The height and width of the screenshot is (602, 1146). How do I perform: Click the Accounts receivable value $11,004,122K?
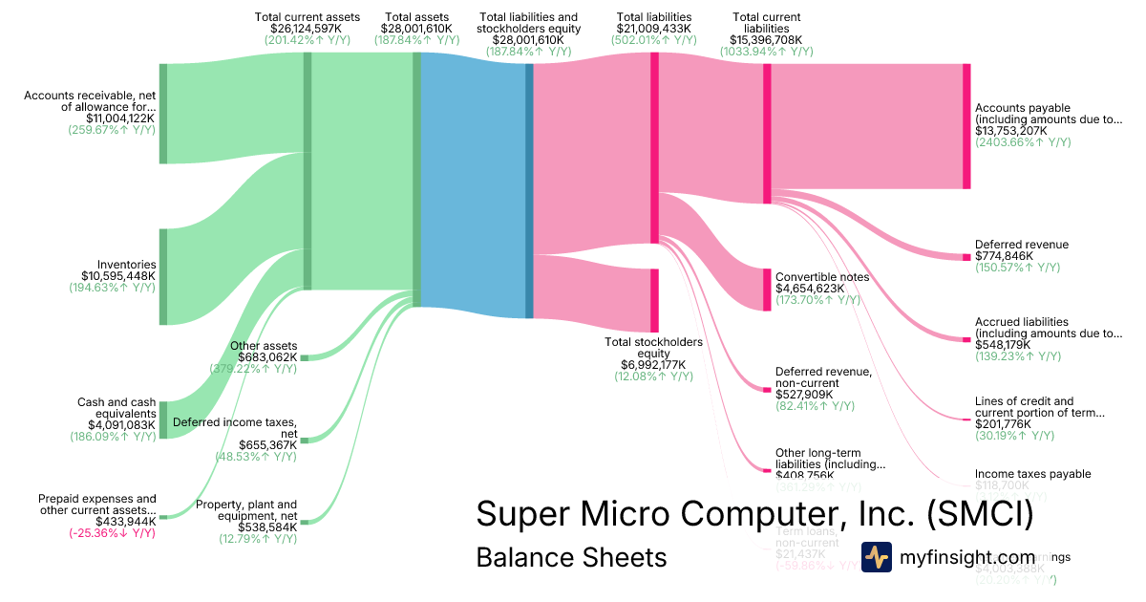[x=113, y=118]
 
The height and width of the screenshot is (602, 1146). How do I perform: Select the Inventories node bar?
[x=163, y=276]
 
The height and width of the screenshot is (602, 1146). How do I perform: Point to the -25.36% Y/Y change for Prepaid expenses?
[x=112, y=532]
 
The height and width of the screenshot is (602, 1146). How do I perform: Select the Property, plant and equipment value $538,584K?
[x=261, y=527]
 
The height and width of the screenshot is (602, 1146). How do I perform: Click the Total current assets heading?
[x=308, y=17]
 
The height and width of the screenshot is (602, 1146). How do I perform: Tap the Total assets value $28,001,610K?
[x=416, y=29]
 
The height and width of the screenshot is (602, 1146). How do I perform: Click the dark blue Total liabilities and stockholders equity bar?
[x=529, y=185]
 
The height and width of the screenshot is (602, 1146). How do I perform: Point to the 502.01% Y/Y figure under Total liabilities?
[x=654, y=40]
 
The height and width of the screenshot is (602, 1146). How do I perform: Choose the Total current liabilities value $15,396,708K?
[x=767, y=40]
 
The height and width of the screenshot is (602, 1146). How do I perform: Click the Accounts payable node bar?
[x=966, y=126]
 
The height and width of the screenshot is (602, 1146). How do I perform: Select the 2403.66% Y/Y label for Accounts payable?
[x=1023, y=142]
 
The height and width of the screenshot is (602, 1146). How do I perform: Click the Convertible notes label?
[x=822, y=277]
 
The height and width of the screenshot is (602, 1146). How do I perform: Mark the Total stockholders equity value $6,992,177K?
[x=654, y=365]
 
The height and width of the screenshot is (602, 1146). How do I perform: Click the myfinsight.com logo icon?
[x=877, y=557]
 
